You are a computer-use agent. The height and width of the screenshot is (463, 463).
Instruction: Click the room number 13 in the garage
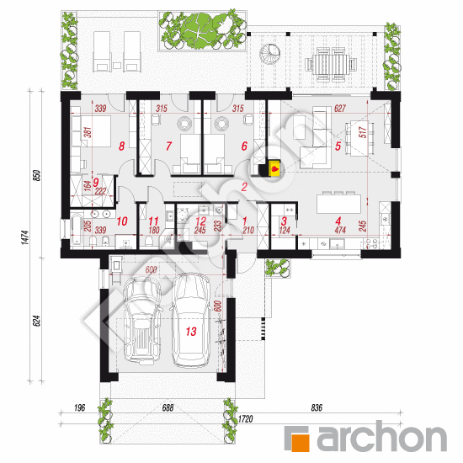[x=191, y=332]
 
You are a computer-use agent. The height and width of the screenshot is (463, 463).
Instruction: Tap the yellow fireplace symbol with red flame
[x=274, y=168]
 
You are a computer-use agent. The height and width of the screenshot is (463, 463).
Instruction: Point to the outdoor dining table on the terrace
[x=323, y=61]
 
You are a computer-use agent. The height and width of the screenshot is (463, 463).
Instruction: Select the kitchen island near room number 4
[x=343, y=205]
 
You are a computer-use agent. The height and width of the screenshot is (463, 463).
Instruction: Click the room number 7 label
[x=168, y=146]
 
